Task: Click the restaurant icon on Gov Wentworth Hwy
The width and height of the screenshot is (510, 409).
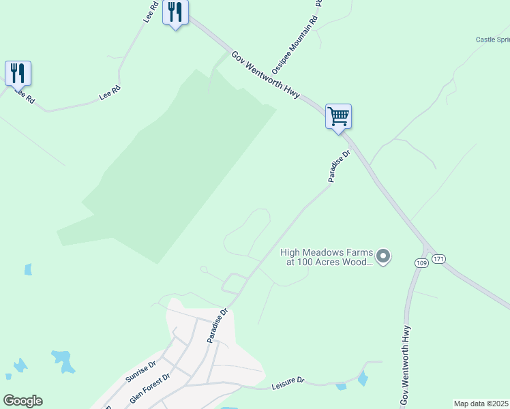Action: click(175, 13)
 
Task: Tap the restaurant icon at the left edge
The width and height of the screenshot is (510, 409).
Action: click(18, 73)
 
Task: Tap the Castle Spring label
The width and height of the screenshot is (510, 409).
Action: click(493, 40)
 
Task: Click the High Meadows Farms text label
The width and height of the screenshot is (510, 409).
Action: click(327, 256)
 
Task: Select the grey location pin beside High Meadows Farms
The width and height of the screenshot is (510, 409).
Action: click(383, 256)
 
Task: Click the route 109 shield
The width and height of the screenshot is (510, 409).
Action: click(420, 262)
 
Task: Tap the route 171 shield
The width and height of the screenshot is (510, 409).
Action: click(438, 259)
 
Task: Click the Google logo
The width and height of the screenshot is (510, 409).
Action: click(22, 401)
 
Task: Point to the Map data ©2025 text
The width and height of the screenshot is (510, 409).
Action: click(481, 404)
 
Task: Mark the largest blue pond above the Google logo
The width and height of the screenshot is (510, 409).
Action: click(63, 360)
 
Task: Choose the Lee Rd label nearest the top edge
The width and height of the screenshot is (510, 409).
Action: click(151, 12)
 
